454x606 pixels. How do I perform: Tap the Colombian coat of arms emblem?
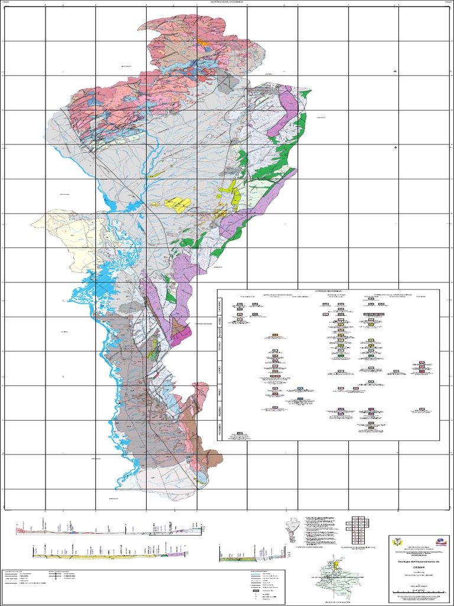397,541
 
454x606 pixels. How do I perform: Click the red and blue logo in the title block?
440,540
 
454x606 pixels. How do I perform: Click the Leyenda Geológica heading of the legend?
328,292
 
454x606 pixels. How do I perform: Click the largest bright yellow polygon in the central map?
177,204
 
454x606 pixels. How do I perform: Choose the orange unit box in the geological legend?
275,336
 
